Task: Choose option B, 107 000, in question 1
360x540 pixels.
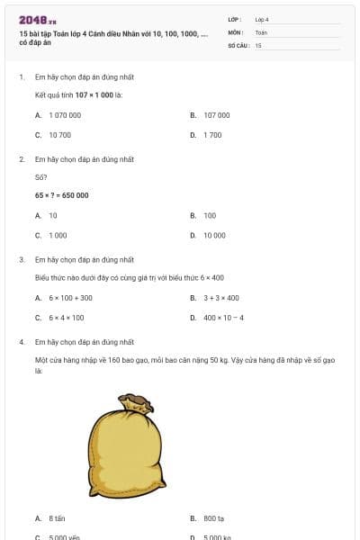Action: click(216, 115)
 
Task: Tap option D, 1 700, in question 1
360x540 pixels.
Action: click(212, 135)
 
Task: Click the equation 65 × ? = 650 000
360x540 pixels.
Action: click(61, 195)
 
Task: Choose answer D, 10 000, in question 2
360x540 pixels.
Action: click(214, 235)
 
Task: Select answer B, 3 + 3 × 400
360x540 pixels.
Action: click(220, 298)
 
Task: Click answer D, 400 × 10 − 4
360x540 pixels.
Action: click(223, 318)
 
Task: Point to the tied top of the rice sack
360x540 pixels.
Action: click(135, 400)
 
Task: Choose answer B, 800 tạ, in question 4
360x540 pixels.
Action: click(213, 518)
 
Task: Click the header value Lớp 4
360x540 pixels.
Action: click(262, 19)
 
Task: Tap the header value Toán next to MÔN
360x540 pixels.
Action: click(261, 31)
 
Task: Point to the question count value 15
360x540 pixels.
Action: click(258, 44)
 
